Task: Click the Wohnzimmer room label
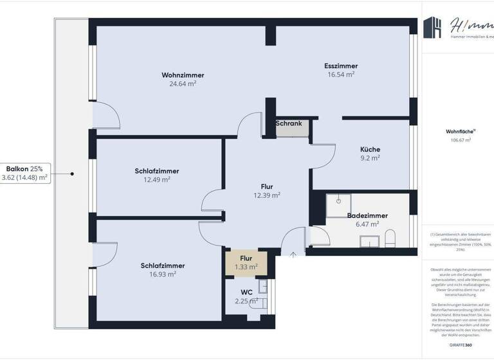click(182, 75)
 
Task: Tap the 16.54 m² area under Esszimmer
click(341, 75)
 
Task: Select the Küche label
click(370, 148)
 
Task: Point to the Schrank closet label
click(289, 123)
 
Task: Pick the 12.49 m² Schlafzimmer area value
click(157, 180)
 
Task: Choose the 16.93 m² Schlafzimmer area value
click(163, 274)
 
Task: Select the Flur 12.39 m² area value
click(267, 195)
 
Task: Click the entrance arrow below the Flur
click(293, 255)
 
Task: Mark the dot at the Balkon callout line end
click(73, 174)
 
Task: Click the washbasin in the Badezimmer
click(369, 241)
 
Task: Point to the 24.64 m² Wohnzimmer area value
click(183, 84)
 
